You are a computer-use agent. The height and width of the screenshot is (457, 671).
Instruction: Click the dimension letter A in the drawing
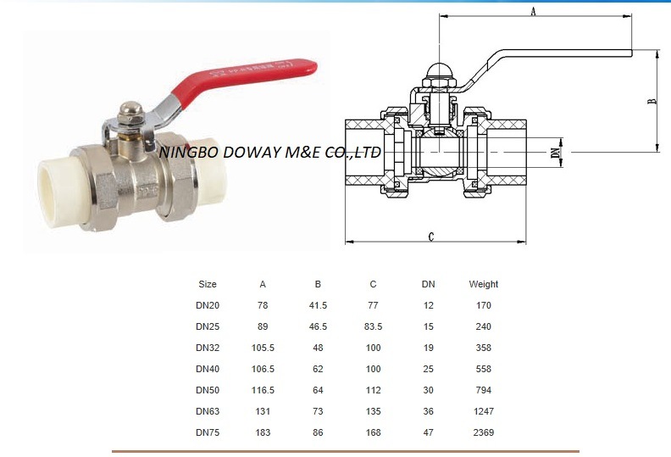coord(533,11)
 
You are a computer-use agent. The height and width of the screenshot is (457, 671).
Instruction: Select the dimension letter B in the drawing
coord(652,101)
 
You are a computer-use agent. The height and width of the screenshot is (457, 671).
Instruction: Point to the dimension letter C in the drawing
coord(431,237)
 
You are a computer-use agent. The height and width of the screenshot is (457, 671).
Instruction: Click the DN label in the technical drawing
coord(556,153)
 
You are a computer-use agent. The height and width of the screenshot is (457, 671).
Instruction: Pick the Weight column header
coord(484,284)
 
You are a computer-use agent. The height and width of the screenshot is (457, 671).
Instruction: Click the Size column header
coord(208,284)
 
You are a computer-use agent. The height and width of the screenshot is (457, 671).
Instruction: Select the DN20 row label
coord(208,305)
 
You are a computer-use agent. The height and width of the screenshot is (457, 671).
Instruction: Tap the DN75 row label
coord(208,432)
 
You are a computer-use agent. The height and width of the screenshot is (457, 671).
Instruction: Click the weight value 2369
coord(484,432)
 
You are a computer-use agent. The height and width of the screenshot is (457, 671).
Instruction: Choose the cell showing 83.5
coord(373,326)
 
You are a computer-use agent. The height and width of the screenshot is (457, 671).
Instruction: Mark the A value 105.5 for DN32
coord(263,348)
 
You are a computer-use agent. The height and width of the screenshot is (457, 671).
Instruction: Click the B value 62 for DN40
coord(318,369)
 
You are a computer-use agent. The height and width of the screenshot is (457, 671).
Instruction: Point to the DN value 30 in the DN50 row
coord(429,390)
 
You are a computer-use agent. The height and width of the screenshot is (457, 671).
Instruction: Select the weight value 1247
coord(484,411)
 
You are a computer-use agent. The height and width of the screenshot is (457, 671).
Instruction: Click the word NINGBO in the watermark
coord(187,153)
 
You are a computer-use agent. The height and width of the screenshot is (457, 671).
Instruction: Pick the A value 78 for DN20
coord(263,305)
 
